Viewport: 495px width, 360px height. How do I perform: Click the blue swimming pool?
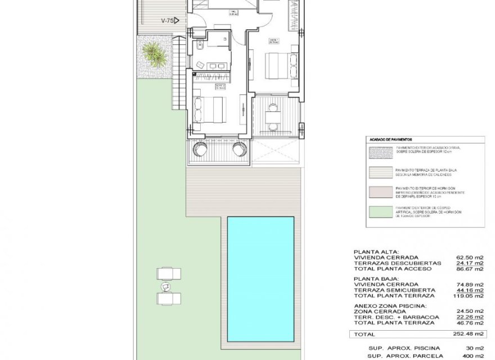point(260,279)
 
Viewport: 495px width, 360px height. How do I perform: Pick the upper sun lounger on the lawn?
point(168,274)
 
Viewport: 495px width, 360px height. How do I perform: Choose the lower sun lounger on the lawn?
point(168,298)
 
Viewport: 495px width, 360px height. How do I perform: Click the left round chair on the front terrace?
point(201,150)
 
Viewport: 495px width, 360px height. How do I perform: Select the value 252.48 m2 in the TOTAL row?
point(468,334)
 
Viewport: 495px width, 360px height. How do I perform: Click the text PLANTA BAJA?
point(376,278)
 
